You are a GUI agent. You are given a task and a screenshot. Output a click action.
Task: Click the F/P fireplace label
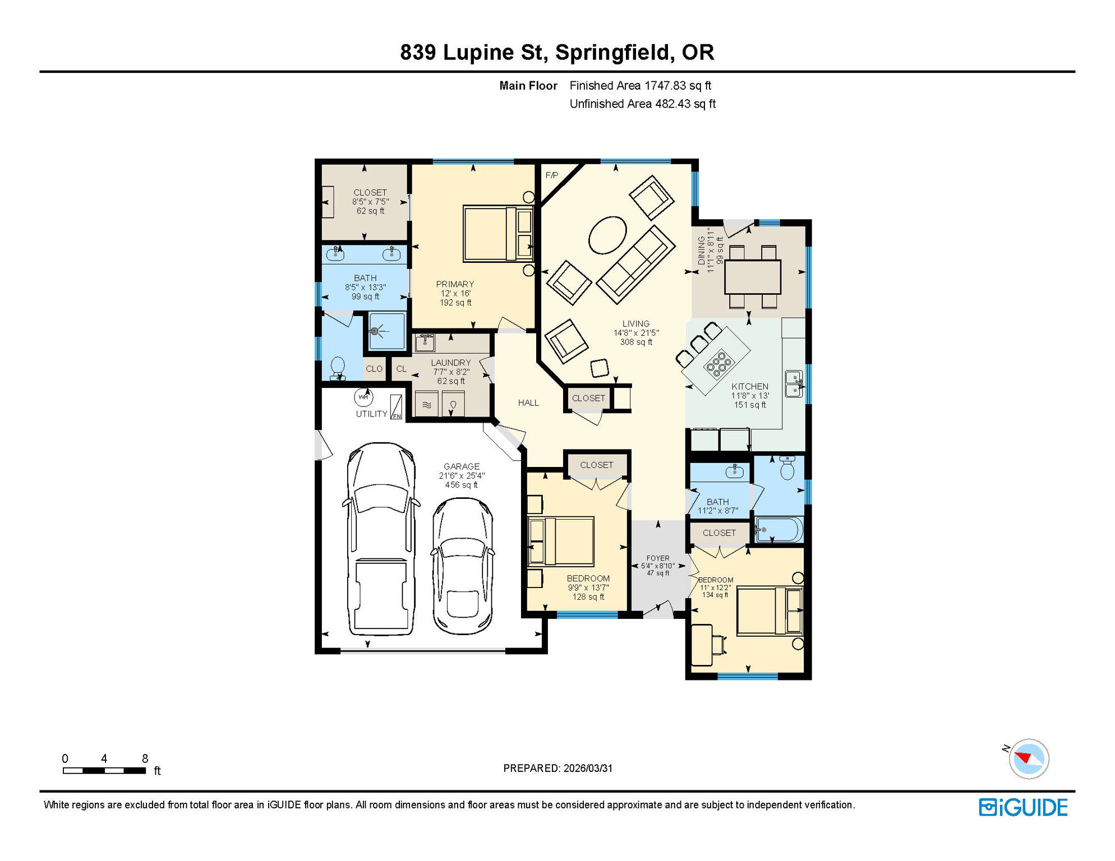[x=551, y=175]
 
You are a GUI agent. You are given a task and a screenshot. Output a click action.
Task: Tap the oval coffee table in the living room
[x=607, y=235]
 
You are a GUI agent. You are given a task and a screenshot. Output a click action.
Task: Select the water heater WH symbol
[x=363, y=397]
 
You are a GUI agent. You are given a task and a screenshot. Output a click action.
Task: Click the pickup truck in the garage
[x=381, y=538]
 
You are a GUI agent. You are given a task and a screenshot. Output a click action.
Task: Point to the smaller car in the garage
[x=463, y=566]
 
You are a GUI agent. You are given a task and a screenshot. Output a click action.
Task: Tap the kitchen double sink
[x=793, y=384]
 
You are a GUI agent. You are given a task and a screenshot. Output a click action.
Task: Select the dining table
[x=752, y=276]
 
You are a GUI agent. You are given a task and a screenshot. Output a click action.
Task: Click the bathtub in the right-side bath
[x=779, y=530]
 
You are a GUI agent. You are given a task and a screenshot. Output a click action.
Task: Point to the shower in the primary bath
[x=386, y=331]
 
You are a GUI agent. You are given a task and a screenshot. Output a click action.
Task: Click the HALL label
[x=528, y=402]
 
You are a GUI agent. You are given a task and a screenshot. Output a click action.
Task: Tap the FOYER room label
[x=657, y=558]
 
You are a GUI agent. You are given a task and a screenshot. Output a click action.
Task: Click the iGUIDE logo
[x=1022, y=807]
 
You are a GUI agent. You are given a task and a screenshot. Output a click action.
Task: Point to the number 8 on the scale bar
[x=145, y=758]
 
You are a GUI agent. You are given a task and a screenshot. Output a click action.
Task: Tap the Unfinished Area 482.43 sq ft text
[x=642, y=104]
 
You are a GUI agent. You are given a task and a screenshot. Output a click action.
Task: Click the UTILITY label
[x=371, y=414]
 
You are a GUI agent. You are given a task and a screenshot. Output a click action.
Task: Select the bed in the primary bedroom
[x=497, y=234]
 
